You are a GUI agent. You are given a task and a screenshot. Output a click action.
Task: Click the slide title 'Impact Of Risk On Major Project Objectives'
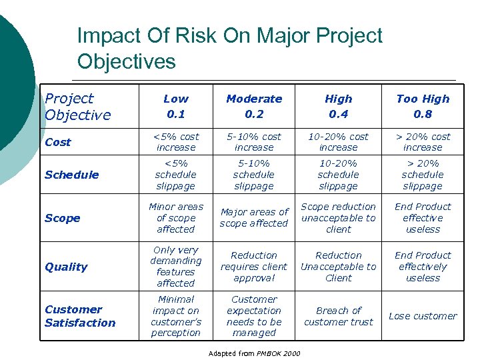229,48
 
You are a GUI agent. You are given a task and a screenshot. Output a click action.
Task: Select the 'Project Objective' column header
77,107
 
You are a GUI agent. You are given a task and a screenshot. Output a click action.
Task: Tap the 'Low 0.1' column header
176,106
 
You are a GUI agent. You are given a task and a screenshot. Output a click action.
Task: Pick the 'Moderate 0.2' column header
254,106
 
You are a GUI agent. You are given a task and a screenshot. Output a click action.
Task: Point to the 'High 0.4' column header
339,106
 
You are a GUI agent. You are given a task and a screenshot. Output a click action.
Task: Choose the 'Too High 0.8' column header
423,106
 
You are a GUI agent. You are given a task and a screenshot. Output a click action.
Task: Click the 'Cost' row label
58,142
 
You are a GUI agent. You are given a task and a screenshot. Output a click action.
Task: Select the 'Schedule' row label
71,175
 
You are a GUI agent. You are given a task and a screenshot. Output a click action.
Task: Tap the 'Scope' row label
62,218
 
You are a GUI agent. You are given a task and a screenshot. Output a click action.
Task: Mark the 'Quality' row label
66,267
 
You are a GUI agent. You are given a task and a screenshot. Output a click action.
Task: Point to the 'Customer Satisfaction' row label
80,316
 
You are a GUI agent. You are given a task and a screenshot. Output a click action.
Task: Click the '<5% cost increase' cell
176,142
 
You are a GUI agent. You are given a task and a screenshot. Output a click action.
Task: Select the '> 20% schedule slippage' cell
423,175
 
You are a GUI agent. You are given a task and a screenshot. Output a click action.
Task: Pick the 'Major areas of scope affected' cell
254,218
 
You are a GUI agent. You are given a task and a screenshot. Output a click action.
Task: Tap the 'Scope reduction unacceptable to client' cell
339,218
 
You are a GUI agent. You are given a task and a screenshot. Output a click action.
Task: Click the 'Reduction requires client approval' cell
254,267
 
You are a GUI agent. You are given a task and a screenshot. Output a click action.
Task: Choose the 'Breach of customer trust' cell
339,316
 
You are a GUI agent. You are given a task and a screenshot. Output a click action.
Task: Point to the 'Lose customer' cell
423,316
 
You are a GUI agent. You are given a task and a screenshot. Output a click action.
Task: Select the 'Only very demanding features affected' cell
176,267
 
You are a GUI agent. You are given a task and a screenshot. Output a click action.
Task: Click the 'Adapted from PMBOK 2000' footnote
254,353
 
